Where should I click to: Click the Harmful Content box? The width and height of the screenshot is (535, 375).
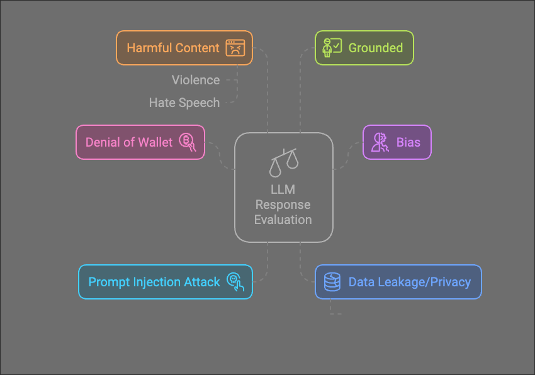184,48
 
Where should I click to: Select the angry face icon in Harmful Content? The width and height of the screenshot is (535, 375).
235,48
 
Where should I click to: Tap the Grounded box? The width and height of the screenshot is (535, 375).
364,48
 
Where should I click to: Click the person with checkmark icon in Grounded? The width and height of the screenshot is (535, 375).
331,48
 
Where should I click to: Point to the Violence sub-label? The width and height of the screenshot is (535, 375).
196,80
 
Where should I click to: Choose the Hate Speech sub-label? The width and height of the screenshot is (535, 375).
184,103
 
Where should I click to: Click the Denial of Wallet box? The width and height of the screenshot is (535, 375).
140,142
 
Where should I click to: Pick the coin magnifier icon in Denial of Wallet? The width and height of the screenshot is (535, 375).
188,142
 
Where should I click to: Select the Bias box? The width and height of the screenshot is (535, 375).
397,142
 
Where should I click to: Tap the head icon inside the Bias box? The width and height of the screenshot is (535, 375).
380,142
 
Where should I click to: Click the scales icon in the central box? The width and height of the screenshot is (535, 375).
283,162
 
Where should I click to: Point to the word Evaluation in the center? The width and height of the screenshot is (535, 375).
283,220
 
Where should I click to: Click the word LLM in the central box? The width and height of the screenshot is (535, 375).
283,189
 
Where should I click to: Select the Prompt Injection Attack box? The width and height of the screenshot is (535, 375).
165,281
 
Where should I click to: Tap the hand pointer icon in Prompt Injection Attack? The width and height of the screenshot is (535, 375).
235,282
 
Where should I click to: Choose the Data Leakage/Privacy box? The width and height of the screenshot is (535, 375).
398,281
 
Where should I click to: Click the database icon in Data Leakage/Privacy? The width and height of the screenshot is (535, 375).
332,281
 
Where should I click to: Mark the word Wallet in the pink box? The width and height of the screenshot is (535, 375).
155,142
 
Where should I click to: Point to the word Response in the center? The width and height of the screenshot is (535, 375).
283,204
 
